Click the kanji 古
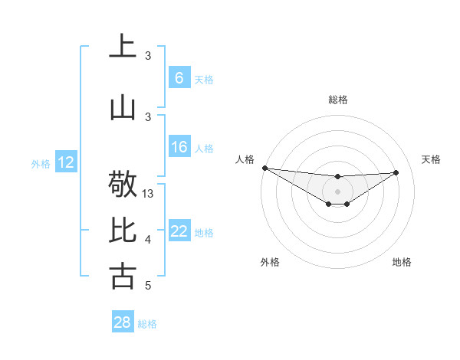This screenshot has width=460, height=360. click(x=123, y=276)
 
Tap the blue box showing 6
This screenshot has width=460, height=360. click(x=179, y=78)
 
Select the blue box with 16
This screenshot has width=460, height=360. click(x=179, y=147)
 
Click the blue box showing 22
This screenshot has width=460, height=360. click(x=179, y=232)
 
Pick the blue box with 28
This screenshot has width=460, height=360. click(x=123, y=322)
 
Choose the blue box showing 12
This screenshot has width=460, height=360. click(x=66, y=162)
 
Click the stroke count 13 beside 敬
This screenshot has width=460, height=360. click(x=149, y=194)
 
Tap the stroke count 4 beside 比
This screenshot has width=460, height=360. click(x=148, y=240)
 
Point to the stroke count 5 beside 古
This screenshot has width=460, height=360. click(x=148, y=286)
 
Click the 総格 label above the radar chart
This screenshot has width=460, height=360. click(x=337, y=100)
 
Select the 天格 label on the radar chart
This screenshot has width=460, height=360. click(x=432, y=159)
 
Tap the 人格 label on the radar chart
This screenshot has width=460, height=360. click(x=245, y=159)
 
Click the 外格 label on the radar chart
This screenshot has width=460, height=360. click(x=270, y=262)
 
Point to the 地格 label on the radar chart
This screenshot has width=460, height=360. click(x=402, y=262)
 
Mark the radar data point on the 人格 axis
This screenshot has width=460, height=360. click(x=264, y=168)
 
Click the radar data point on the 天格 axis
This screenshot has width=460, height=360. click(x=396, y=172)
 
